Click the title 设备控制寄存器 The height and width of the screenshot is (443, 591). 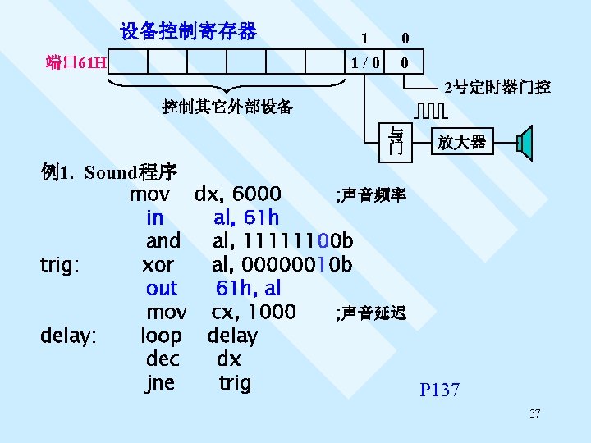tap(188, 32)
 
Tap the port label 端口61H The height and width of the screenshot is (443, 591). tap(76, 62)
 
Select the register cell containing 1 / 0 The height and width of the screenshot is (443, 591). tap(365, 62)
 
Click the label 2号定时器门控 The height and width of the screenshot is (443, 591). tap(497, 87)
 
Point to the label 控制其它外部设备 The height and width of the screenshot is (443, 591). tap(227, 107)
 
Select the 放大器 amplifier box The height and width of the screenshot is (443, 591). tap(461, 142)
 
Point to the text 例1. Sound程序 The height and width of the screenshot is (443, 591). tap(108, 172)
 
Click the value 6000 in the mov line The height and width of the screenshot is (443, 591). tap(257, 194)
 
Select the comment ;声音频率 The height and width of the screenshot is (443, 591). tap(370, 195)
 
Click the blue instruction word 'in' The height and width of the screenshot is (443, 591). tap(154, 217)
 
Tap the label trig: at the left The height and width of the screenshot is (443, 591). tap(59, 265)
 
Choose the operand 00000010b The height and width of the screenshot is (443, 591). tap(282, 265)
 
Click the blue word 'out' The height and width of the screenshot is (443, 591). tap(161, 288)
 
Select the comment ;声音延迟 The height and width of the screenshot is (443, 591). tap(370, 313)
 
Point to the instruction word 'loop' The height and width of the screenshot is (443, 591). tap(161, 336)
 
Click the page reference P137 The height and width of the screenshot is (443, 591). tap(440, 390)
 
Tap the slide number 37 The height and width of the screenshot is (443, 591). tap(535, 413)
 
